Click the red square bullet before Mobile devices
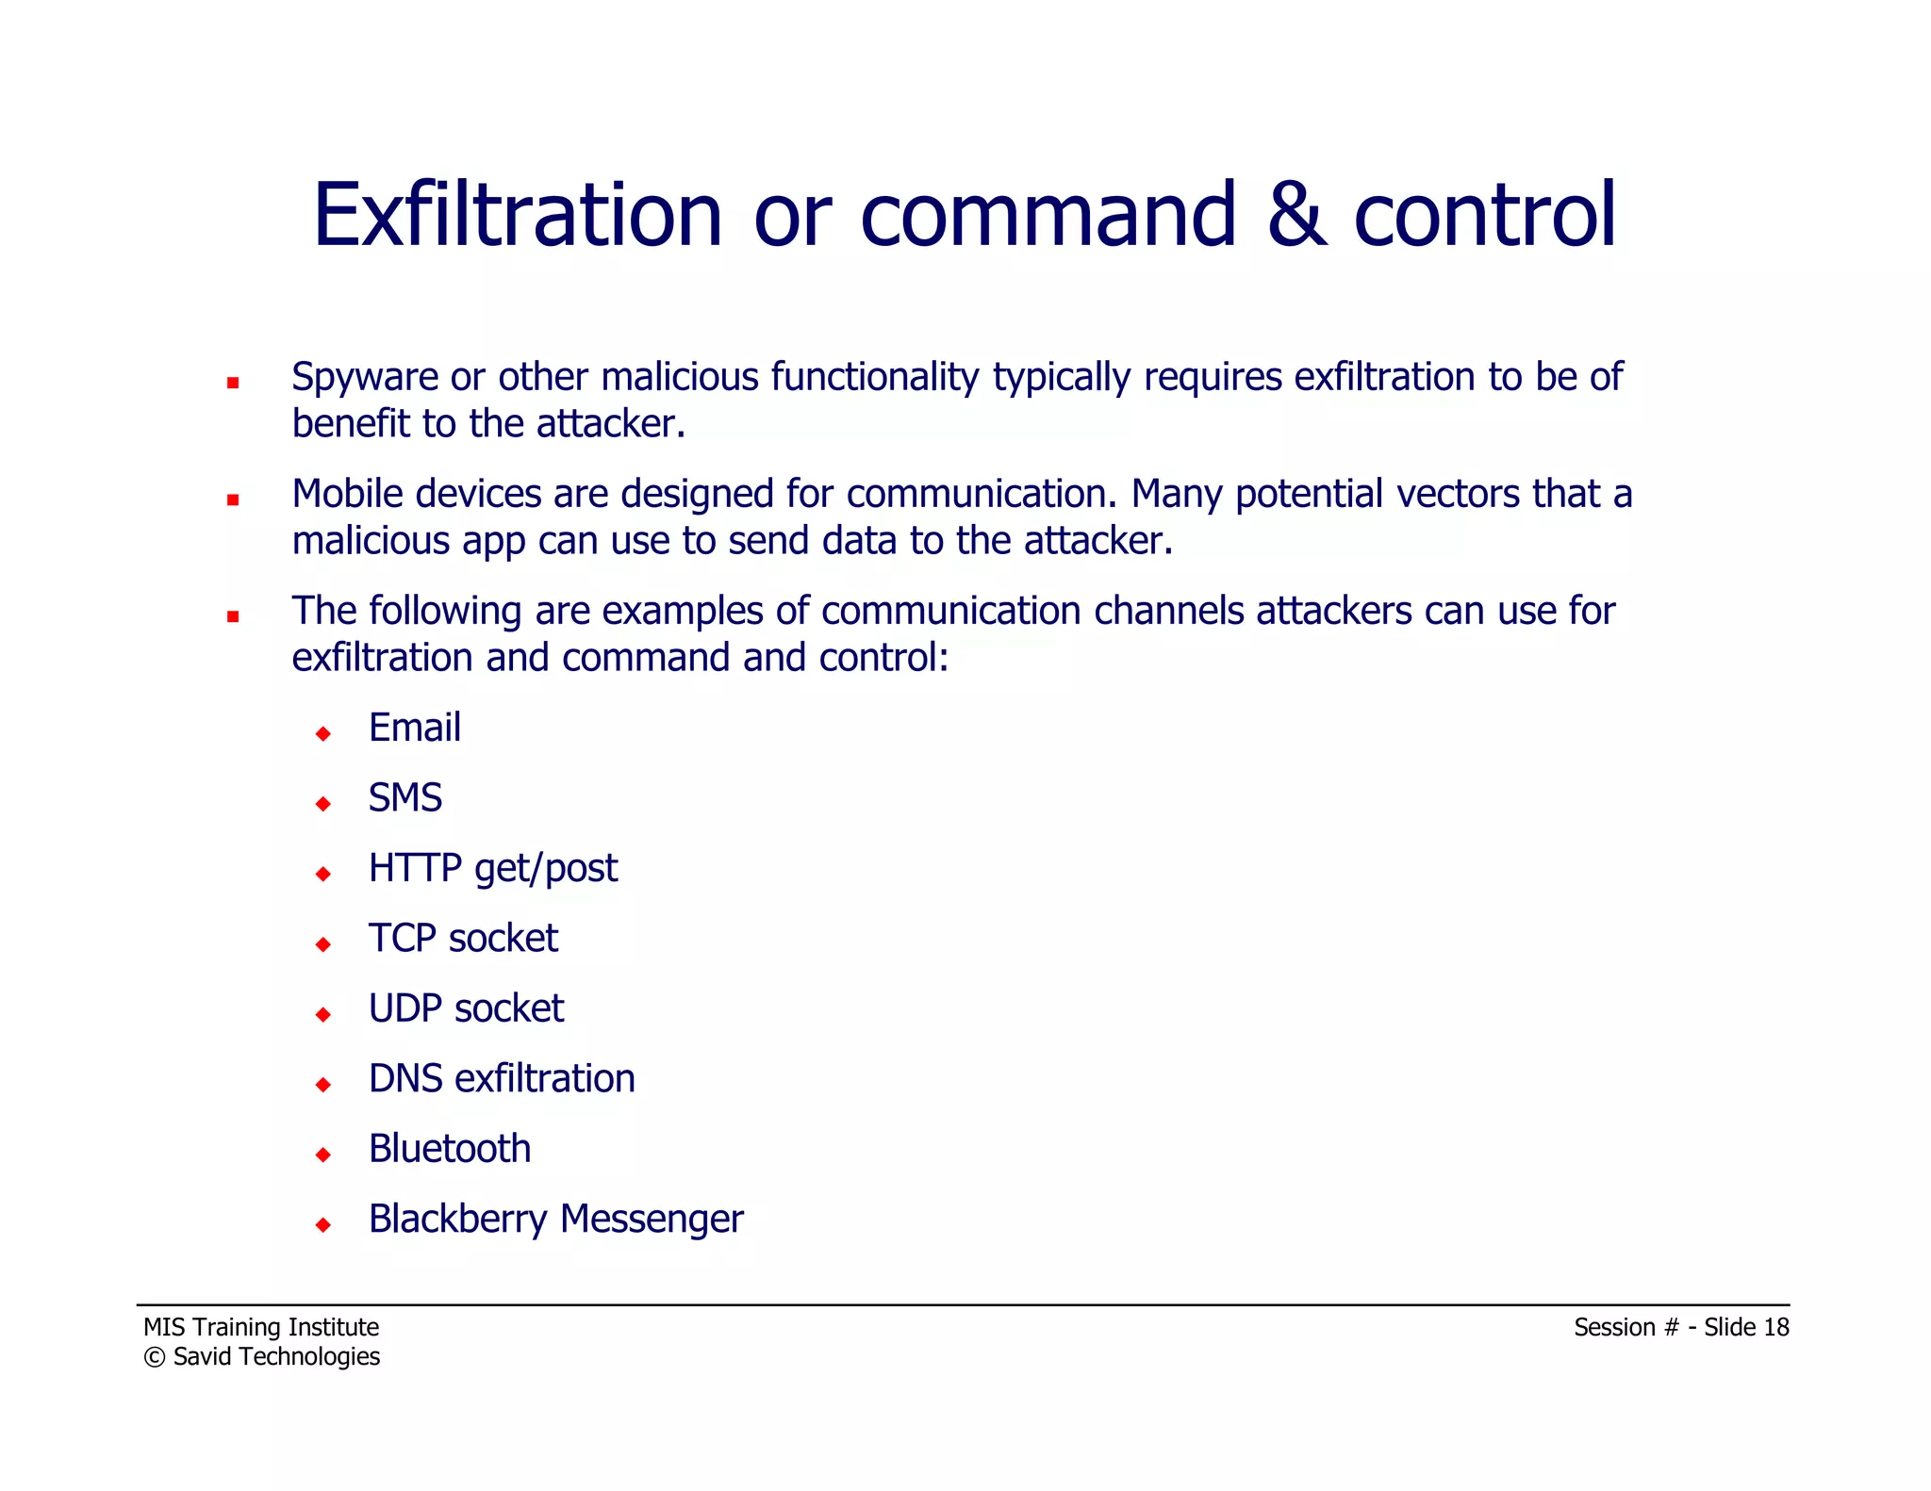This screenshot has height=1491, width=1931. [233, 500]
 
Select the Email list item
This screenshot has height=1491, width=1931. [414, 728]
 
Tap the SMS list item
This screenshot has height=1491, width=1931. [404, 798]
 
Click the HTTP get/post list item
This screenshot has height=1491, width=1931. [492, 868]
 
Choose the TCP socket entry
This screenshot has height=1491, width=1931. [463, 939]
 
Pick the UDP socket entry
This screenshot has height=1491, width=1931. [466, 1008]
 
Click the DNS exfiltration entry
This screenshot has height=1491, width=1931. [502, 1079]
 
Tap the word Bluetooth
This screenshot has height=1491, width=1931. [450, 1149]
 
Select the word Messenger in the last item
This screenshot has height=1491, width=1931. [652, 1220]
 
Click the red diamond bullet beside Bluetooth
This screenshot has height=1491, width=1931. [323, 1155]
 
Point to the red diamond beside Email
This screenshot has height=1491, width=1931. [323, 733]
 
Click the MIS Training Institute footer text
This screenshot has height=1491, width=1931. [261, 1327]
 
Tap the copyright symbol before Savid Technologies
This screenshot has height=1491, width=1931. [154, 1357]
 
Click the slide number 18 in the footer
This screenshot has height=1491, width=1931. [1775, 1327]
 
